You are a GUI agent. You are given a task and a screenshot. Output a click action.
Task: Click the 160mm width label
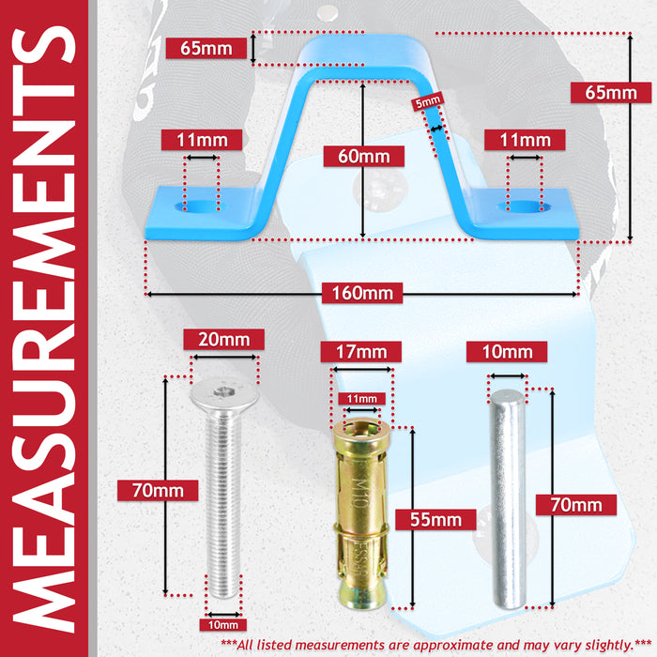(362, 293)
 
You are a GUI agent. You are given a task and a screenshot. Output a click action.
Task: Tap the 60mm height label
(364, 157)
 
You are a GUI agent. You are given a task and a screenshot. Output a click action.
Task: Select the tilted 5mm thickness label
(427, 101)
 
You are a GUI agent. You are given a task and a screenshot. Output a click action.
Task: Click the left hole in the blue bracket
(200, 206)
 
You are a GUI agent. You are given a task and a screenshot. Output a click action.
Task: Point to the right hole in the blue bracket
(524, 206)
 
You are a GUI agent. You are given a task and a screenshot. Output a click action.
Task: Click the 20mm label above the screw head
(223, 340)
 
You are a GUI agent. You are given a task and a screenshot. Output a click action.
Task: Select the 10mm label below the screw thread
(223, 625)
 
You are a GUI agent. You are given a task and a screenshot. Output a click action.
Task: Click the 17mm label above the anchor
(361, 352)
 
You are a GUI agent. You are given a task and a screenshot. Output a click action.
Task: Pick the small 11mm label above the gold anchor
(362, 399)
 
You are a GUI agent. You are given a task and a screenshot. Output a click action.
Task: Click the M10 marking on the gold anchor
(359, 493)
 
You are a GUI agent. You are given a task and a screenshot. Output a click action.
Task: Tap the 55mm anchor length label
(435, 520)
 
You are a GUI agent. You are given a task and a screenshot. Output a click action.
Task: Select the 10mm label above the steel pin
(507, 352)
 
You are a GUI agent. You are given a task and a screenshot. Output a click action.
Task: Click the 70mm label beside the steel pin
(576, 505)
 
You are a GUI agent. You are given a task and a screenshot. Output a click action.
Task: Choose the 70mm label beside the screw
(158, 490)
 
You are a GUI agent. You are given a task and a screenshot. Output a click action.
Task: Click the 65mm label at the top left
(206, 48)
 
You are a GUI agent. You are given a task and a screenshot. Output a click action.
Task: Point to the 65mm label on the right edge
(611, 93)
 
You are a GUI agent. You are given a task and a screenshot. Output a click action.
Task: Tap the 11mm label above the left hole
(202, 140)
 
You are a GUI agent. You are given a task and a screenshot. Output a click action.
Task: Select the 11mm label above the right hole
(525, 140)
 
